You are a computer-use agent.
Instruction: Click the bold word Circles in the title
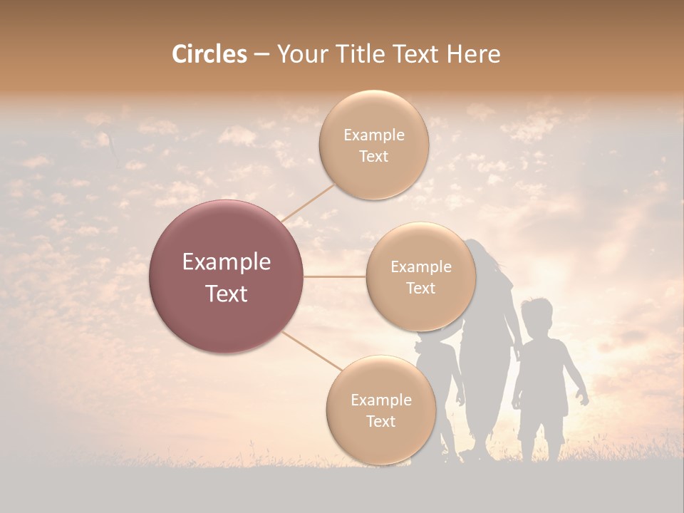(209, 54)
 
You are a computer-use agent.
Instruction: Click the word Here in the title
(474, 54)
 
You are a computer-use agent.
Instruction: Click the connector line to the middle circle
(335, 276)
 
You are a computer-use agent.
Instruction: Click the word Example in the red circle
(227, 262)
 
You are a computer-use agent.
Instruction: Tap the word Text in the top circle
(373, 156)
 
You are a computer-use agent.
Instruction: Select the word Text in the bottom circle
(380, 421)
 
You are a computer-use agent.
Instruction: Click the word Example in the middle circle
(420, 267)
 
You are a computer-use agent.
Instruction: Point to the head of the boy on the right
(536, 316)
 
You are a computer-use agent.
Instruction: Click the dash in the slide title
(261, 54)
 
